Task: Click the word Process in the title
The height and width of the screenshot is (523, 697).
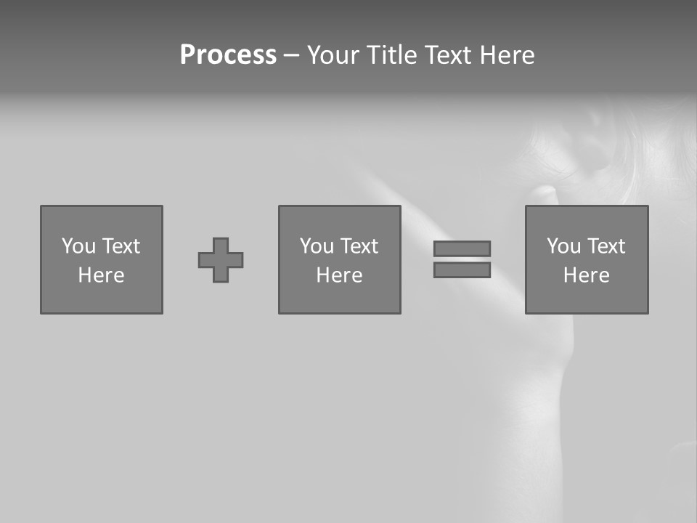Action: [x=228, y=55]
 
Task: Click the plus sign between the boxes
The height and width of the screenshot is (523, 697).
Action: [x=221, y=260]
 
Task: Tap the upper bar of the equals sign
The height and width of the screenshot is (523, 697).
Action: [x=462, y=248]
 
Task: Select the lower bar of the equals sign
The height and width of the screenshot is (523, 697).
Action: [x=462, y=269]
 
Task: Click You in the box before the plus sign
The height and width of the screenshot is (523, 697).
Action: [x=79, y=246]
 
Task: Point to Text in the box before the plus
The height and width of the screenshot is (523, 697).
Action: [x=121, y=246]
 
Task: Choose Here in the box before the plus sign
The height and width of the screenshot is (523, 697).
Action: [x=101, y=275]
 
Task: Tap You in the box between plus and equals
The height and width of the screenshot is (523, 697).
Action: [x=317, y=246]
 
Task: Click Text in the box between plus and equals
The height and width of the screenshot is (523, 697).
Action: [x=359, y=246]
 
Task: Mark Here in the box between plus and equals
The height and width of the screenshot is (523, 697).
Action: [x=339, y=275]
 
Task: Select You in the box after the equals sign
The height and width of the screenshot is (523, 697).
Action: [x=564, y=246]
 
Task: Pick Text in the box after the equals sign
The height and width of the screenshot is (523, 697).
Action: [x=606, y=246]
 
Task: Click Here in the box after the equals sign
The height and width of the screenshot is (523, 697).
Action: [x=586, y=275]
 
